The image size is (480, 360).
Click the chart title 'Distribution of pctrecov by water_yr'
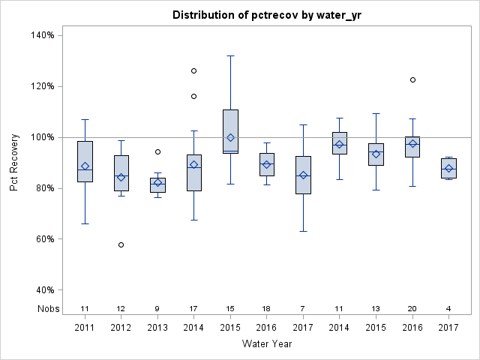(267, 15)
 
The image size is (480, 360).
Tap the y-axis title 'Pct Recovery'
(14, 163)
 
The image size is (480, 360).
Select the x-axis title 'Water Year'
(267, 343)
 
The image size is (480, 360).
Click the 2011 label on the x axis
(85, 328)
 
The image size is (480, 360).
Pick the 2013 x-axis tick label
(157, 328)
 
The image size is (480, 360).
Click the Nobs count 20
(412, 308)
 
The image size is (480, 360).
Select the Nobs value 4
(448, 308)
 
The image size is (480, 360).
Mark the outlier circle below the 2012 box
(121, 244)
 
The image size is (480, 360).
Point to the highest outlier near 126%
(193, 70)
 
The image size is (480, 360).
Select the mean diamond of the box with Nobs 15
(230, 137)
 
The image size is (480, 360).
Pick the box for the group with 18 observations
(267, 164)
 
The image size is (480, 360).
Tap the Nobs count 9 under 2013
(157, 308)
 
